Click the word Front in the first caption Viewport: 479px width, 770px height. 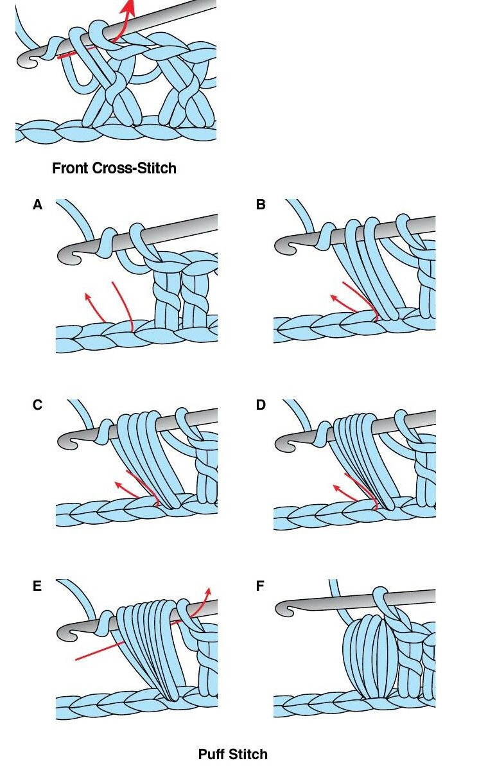(70, 169)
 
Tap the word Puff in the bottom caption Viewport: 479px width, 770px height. (213, 754)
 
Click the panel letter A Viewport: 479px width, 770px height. (37, 205)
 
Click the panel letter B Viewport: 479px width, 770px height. (260, 205)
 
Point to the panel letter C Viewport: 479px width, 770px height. (37, 405)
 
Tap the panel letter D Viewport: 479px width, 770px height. (260, 405)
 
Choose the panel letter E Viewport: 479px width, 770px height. (37, 586)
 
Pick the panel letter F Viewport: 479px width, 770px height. (260, 586)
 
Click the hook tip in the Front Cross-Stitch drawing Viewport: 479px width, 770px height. (26, 61)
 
